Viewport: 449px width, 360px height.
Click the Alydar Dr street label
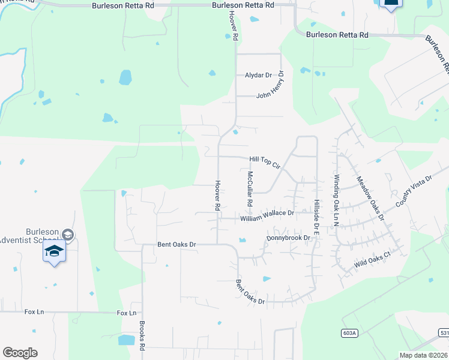(x=258, y=75)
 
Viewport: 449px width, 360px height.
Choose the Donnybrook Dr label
(x=288, y=238)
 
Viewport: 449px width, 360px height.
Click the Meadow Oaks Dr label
(x=370, y=199)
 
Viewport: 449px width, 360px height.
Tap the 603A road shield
(x=348, y=334)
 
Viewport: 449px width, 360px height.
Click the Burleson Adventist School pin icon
(x=54, y=253)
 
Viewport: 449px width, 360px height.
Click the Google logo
(x=20, y=353)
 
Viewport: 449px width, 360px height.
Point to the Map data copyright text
(x=423, y=355)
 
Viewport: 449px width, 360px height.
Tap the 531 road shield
(x=444, y=332)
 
